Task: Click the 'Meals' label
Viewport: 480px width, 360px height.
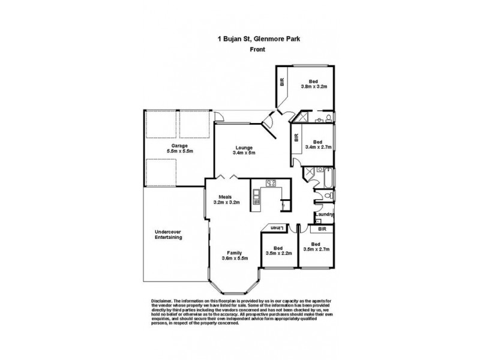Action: click(x=226, y=196)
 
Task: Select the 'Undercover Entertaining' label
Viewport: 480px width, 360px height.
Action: click(x=168, y=235)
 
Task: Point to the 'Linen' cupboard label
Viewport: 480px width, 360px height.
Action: click(x=276, y=229)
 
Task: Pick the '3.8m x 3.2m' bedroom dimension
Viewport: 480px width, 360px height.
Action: click(x=313, y=86)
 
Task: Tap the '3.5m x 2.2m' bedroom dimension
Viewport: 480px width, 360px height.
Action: click(x=278, y=253)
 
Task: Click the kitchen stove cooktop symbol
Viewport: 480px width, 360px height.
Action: click(x=271, y=184)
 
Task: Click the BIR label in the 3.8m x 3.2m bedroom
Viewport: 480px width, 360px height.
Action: click(x=281, y=81)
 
